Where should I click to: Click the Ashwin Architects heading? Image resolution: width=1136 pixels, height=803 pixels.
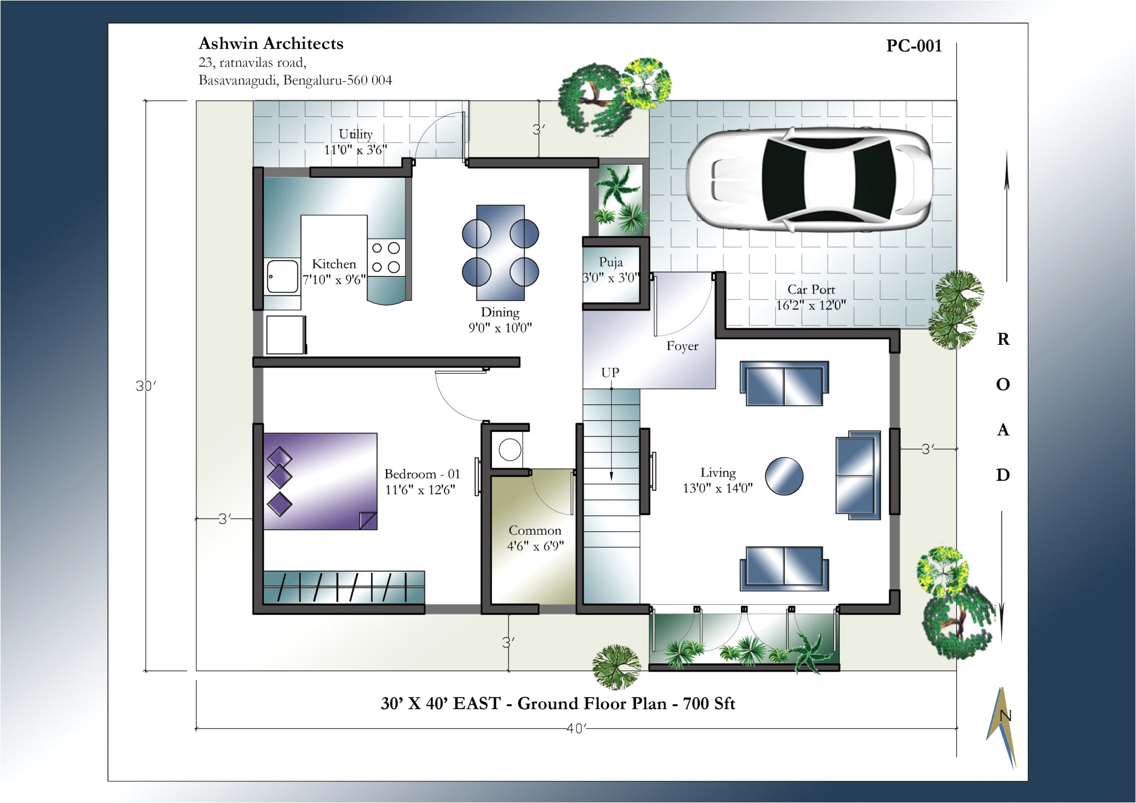pos(271,44)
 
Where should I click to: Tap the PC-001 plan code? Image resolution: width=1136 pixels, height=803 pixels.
pos(914,46)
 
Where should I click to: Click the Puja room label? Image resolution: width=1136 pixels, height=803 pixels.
pos(611,262)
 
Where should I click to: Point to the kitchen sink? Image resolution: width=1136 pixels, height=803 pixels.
pos(282,276)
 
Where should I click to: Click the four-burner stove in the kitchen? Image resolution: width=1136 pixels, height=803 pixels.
pos(386,257)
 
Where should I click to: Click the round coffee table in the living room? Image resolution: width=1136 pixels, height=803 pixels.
pos(784,476)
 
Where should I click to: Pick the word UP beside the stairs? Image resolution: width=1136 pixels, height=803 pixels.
pos(610,373)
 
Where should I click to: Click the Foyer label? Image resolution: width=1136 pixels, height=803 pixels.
pos(682,346)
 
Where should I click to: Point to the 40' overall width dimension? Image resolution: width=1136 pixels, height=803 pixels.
pos(576,728)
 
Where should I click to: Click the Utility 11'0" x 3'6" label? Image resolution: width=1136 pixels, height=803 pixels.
pos(356,141)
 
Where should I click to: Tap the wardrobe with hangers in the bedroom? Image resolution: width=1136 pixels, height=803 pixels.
pos(344,588)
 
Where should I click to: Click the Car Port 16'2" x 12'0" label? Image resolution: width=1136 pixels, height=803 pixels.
pos(810,297)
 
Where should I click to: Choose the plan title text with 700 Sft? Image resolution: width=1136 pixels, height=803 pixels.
pos(557,704)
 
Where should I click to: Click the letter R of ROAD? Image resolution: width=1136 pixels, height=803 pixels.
pos(1003,339)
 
